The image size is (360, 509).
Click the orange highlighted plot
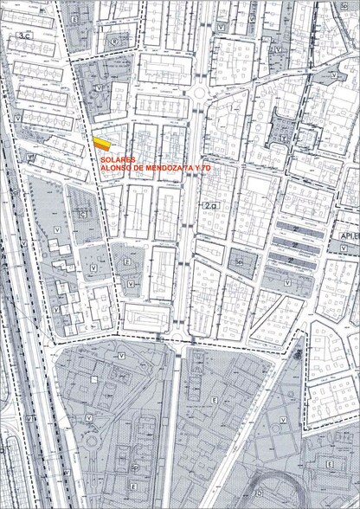click(103, 141)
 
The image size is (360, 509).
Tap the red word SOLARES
click(118, 160)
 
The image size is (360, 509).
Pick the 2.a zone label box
click(212, 205)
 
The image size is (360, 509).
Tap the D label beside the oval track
click(258, 493)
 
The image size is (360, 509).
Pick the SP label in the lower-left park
click(134, 467)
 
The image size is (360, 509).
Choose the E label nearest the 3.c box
click(74, 17)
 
